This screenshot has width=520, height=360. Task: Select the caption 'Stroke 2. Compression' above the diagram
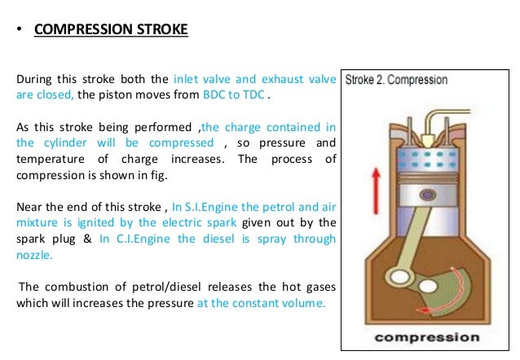(x=396, y=81)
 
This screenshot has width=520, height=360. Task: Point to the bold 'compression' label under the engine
(x=425, y=337)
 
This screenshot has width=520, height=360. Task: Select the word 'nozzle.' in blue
(x=33, y=254)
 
